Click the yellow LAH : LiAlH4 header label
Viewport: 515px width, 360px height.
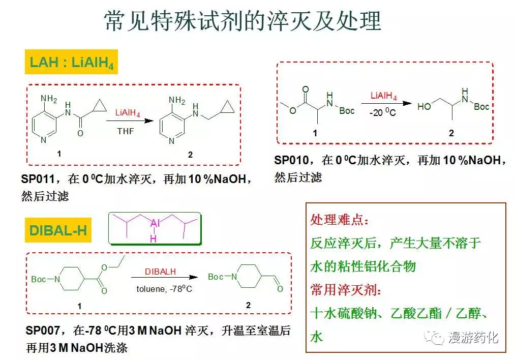[x=71, y=62]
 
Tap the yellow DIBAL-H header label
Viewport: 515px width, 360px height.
[x=58, y=230]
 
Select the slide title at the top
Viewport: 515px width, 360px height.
[x=243, y=21]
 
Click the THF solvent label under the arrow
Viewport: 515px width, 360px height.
[x=126, y=131]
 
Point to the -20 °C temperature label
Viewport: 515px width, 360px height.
[x=383, y=113]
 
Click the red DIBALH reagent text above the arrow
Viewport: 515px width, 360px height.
[x=160, y=272]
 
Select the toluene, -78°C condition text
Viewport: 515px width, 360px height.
[x=164, y=289]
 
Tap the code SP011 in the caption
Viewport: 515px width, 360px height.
[x=38, y=179]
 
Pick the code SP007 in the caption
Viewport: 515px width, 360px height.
[x=43, y=331]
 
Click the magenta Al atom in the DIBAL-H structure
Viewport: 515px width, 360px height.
[x=155, y=223]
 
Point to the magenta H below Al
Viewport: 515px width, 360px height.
[x=153, y=239]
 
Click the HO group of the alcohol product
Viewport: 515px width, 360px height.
[x=424, y=106]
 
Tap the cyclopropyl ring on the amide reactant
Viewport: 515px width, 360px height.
[x=100, y=106]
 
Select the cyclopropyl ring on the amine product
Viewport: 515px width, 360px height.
[x=228, y=107]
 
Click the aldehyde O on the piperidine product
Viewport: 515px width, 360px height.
[x=280, y=289]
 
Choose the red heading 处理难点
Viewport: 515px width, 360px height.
[x=340, y=220]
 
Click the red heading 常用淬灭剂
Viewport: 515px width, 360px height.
[x=346, y=290]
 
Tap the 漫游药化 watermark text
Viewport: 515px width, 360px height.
[x=473, y=338]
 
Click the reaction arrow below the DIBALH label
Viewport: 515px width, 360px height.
[x=165, y=277]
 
